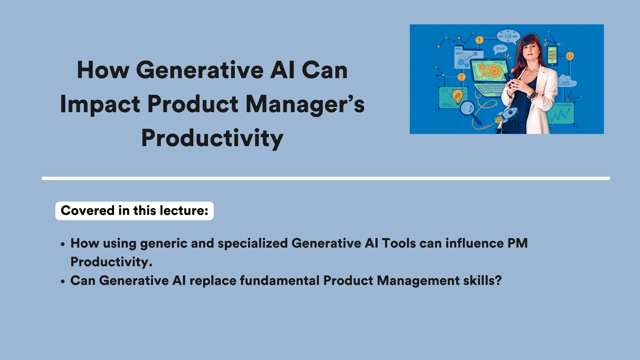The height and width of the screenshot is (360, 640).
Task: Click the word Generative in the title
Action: click(200, 70)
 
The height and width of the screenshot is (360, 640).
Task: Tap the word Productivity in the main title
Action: click(212, 138)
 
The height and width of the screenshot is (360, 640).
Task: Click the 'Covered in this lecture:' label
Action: click(134, 211)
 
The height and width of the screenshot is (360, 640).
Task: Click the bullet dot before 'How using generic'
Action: click(63, 244)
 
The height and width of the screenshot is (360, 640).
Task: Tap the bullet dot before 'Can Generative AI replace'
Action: click(63, 282)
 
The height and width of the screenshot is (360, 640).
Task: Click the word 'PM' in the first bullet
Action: click(517, 243)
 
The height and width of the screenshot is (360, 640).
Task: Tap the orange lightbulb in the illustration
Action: click(458, 96)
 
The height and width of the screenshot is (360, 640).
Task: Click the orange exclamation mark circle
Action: click(479, 40)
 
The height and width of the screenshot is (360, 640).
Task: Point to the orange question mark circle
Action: click(461, 77)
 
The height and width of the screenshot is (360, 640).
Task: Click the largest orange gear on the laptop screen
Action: click(494, 71)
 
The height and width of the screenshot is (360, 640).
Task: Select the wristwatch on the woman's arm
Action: click(532, 94)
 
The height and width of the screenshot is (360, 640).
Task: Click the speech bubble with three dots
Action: click(500, 49)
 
